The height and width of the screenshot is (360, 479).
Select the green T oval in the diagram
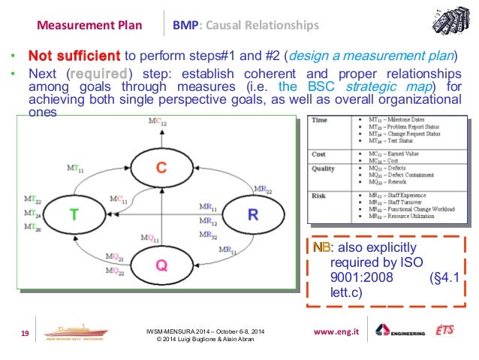pos(74,214)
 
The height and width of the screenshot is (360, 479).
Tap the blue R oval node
pos(253,214)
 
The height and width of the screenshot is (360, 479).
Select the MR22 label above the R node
pos(263,170)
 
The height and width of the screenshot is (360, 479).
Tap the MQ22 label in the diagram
pos(116,270)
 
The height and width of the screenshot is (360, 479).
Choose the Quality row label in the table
pos(324,168)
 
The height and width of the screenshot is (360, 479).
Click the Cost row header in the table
pos(318,154)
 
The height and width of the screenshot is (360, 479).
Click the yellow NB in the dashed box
pos(321,247)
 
